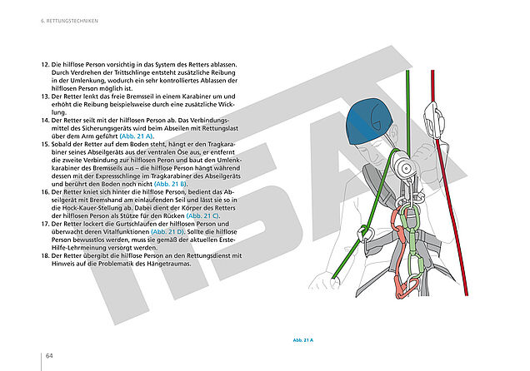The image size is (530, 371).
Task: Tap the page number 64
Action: coord(49,355)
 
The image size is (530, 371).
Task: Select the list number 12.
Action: coord(45,65)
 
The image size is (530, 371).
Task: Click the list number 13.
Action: coord(45,96)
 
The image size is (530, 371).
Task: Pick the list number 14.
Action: coord(45,121)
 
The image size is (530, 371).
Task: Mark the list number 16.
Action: coord(45,191)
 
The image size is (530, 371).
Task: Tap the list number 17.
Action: coord(45,224)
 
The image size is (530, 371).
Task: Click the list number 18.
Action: coord(45,255)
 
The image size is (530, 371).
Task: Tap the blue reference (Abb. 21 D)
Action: coord(173,232)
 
